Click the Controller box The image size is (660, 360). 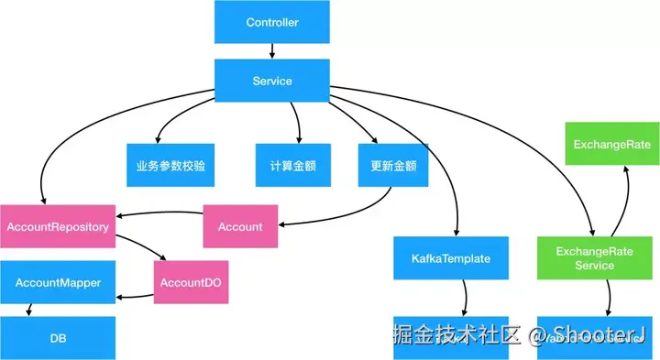pos(272,21)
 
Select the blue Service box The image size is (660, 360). pos(272,81)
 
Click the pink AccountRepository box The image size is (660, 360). pos(58,225)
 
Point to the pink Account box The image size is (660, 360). pos(240,226)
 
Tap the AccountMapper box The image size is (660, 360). pos(58,282)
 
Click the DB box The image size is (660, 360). pos(58,338)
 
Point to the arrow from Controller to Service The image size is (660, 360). pos(272,51)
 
